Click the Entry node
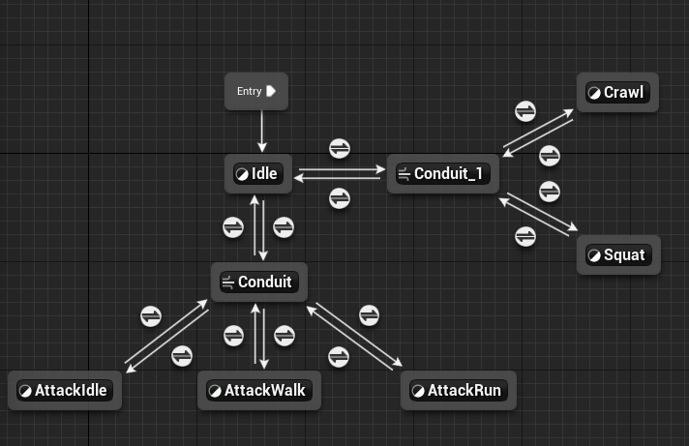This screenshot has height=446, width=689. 256,91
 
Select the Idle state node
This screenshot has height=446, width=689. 257,174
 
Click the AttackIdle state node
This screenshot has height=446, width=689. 65,391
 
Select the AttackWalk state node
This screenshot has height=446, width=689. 257,391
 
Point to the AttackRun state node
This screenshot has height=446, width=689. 459,391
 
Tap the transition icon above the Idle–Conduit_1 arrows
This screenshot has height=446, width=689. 340,148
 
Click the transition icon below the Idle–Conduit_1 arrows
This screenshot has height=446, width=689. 340,198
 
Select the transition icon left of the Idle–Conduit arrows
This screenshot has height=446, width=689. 233,227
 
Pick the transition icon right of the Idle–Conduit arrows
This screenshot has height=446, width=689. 284,227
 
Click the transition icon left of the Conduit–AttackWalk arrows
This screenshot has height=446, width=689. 233,336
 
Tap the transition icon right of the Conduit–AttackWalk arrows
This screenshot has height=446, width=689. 284,336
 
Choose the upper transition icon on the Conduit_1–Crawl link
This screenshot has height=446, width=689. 524,110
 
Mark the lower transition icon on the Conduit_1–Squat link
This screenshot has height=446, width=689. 525,235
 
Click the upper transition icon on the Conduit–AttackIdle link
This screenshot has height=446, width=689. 151,315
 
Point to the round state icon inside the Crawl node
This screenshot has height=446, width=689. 594,93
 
